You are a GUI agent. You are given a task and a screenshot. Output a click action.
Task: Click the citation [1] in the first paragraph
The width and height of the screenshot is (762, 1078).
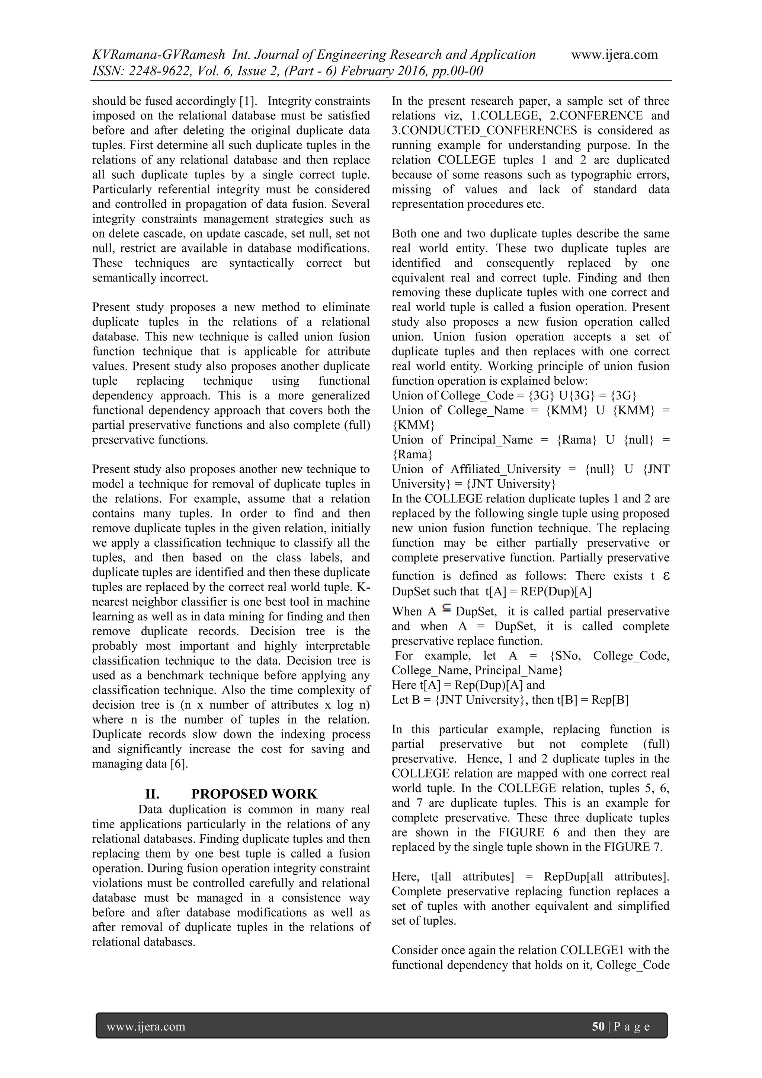246,101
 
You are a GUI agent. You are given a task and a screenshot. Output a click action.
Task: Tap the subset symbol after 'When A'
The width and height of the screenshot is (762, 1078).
446,610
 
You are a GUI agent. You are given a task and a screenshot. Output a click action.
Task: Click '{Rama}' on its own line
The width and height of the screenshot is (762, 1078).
412,455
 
